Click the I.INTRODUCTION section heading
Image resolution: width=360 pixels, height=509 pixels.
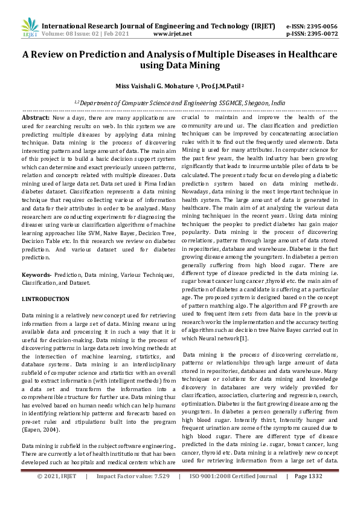click(x=45, y=299)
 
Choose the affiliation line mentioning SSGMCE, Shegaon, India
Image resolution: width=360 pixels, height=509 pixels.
click(x=179, y=103)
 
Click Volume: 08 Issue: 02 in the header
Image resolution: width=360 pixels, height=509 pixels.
click(x=68, y=34)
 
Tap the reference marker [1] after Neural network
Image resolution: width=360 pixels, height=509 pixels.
click(x=243, y=338)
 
